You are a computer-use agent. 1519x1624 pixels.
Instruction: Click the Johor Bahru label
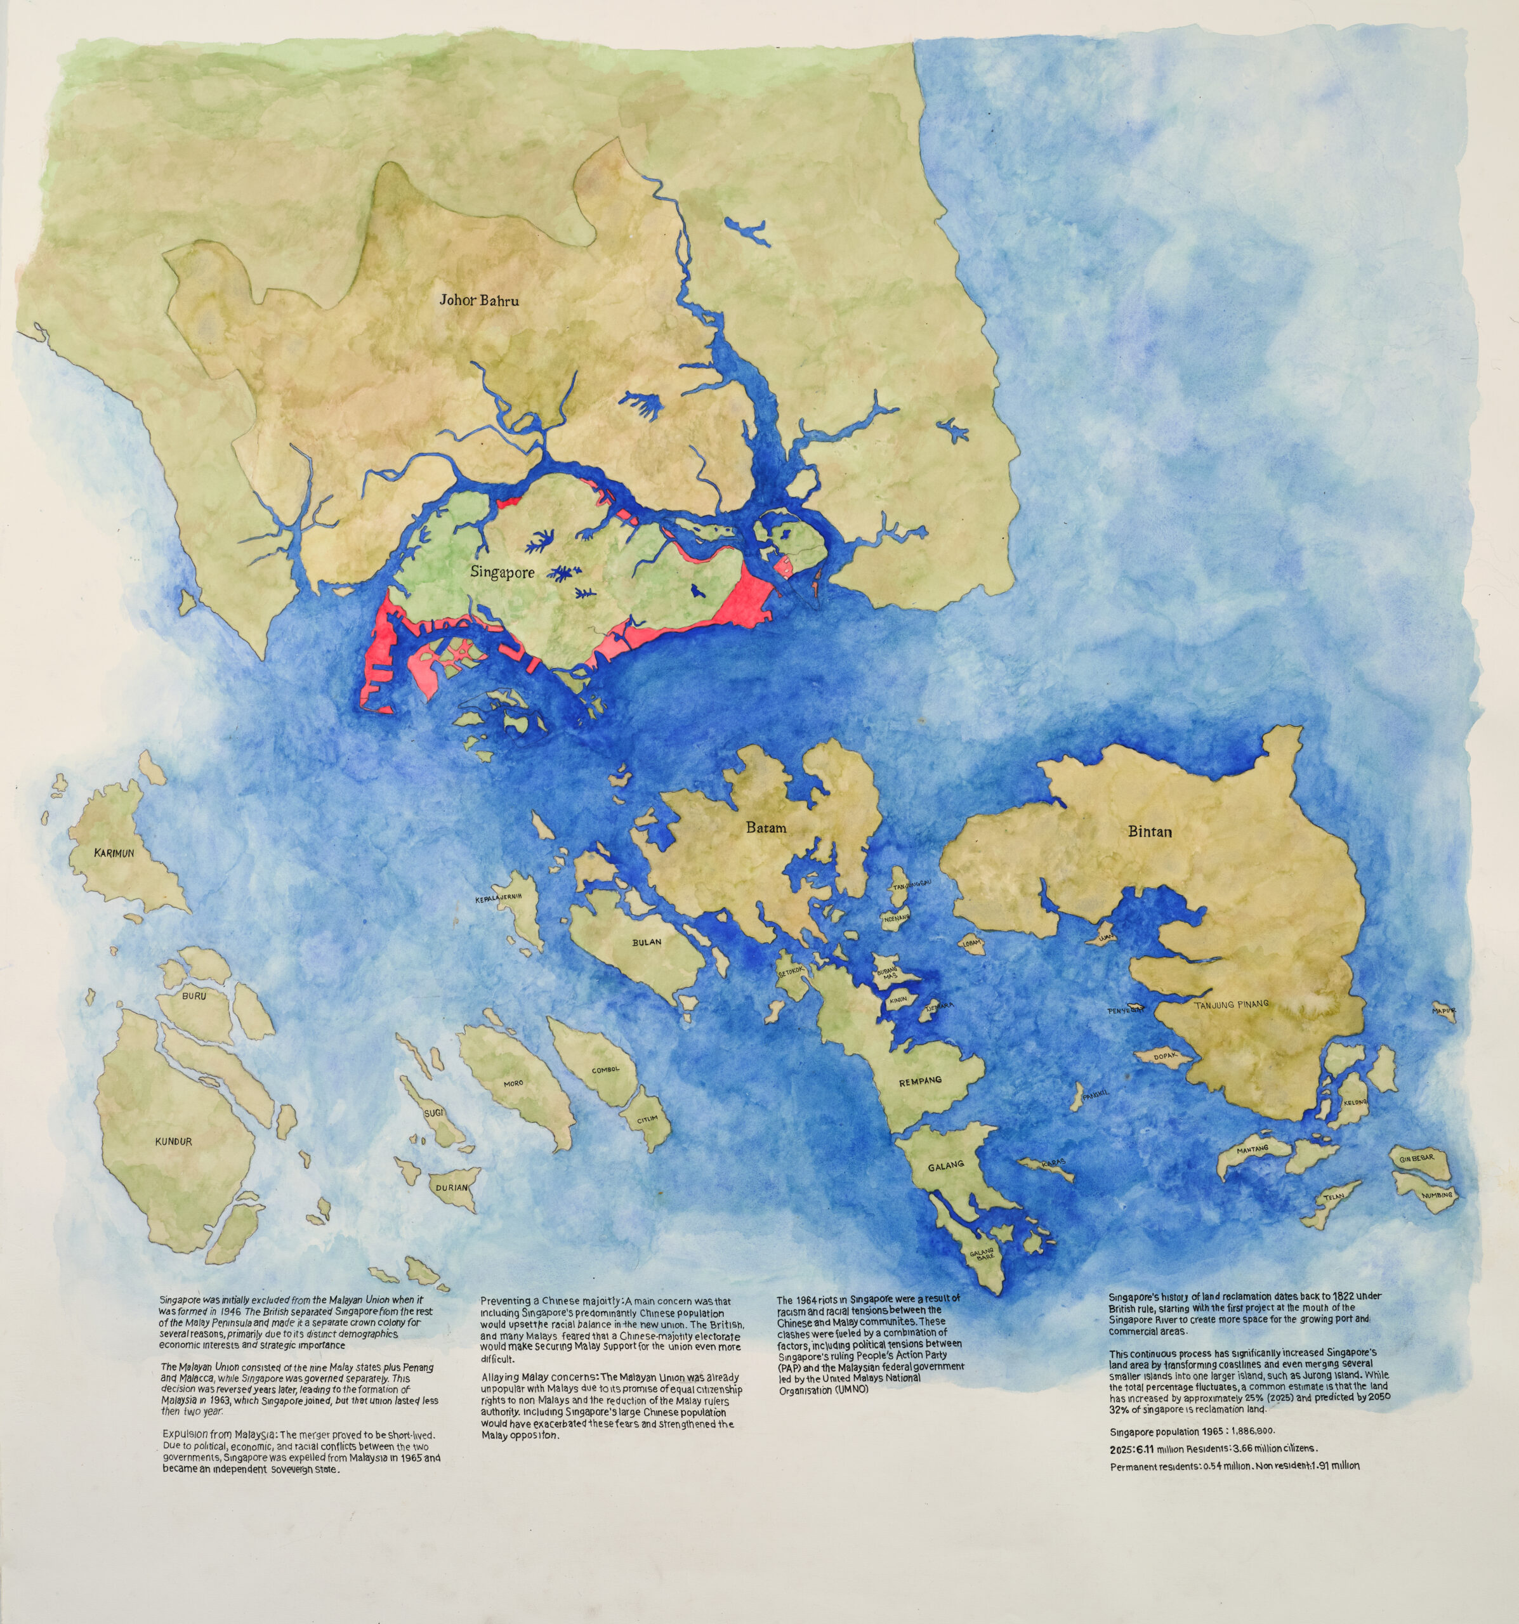[x=479, y=300]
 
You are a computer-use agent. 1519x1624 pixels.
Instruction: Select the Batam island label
[x=766, y=827]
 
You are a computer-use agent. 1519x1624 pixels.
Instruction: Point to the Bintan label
[x=1150, y=832]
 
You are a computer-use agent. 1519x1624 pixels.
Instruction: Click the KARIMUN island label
[x=114, y=853]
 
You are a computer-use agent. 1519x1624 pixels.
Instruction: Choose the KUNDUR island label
[x=173, y=1141]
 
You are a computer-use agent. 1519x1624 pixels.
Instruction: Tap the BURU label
[x=194, y=997]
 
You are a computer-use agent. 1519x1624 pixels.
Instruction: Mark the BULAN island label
[x=647, y=942]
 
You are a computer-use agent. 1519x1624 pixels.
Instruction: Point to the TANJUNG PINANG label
[x=1232, y=1004]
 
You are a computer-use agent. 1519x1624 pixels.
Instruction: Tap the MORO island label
[x=513, y=1084]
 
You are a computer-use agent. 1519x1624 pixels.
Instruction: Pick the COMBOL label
[x=605, y=1070]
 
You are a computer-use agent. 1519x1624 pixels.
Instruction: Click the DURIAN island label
[x=451, y=1188]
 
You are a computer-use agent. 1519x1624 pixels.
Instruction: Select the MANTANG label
[x=1253, y=1149]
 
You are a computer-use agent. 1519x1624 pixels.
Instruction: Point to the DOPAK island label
[x=1164, y=1056]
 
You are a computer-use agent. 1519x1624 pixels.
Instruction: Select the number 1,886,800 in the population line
[x=1241, y=1431]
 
